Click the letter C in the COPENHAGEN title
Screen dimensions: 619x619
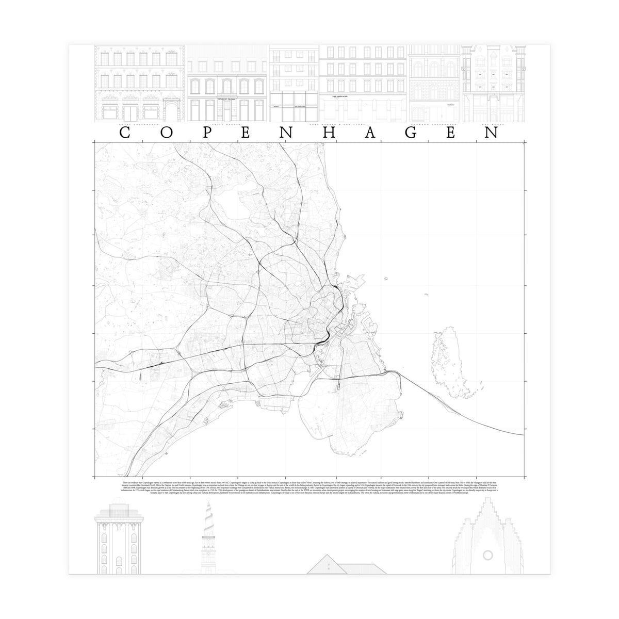click(x=124, y=133)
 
